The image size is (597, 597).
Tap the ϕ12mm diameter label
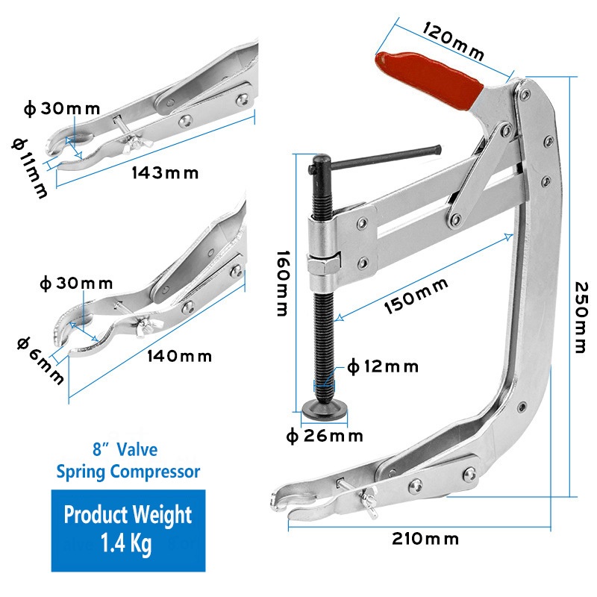coord(382,366)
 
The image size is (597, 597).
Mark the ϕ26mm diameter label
coord(325,435)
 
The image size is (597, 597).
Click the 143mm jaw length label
coord(166,173)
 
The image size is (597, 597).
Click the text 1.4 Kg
coord(128,543)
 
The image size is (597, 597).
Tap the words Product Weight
coord(128,514)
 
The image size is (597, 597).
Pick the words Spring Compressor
coord(128,472)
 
